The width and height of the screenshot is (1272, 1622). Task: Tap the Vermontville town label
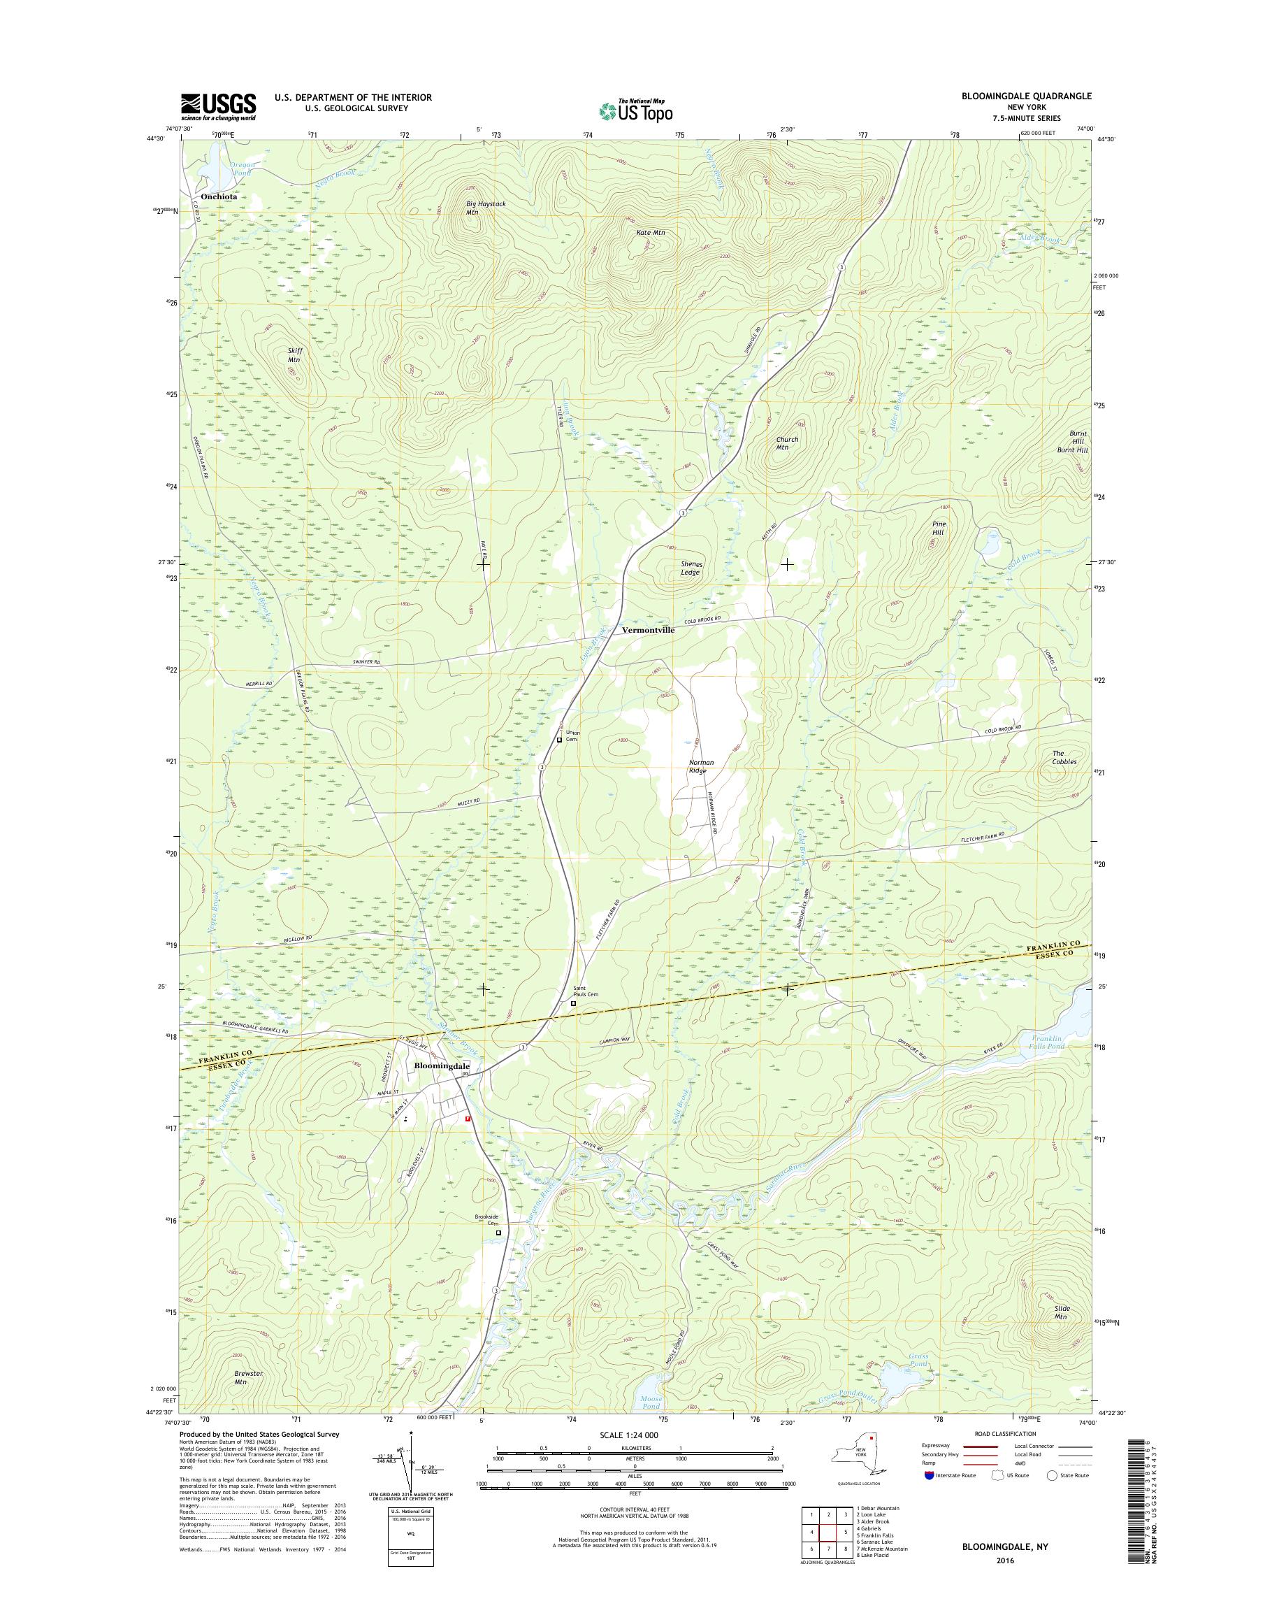point(648,630)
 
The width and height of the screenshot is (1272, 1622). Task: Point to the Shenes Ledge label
point(691,568)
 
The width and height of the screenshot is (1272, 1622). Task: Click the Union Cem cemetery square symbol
point(559,740)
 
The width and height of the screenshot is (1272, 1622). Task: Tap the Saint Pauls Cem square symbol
point(572,1003)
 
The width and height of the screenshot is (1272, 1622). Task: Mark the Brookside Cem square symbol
point(498,1233)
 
